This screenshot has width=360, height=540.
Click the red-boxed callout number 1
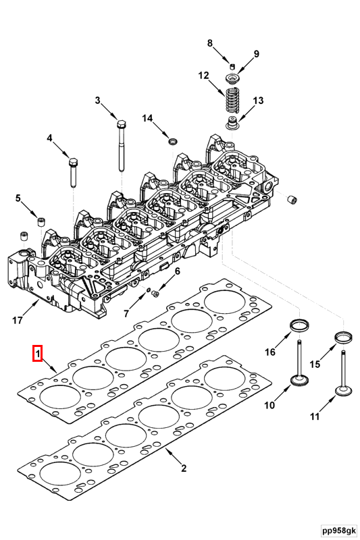point(38,353)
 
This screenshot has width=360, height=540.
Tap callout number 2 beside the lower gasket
point(184,468)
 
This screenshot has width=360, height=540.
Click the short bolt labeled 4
point(73,172)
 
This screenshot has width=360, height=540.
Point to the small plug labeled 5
point(42,221)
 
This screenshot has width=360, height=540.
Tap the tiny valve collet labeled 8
point(232,66)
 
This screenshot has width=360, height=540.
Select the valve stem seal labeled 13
point(233,124)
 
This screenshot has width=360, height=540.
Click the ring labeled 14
point(173,141)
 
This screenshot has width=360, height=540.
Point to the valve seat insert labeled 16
point(299,325)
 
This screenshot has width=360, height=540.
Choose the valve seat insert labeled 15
point(344,337)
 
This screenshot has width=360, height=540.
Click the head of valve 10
point(299,381)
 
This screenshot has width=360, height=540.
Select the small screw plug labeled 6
point(155,294)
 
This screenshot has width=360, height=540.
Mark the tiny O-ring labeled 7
point(149,290)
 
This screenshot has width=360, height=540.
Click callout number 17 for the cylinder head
point(18,320)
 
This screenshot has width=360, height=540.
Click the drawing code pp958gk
point(338,531)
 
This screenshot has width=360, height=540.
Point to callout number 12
point(203,75)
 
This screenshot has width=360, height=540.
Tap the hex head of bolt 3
point(122,124)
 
